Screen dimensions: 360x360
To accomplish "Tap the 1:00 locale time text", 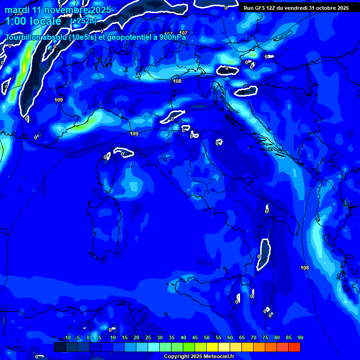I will pyautogui.click(x=33, y=21).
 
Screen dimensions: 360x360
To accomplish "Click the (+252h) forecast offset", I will pyautogui.click(x=83, y=21).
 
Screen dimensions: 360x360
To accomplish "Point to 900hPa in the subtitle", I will pyautogui.click(x=171, y=37).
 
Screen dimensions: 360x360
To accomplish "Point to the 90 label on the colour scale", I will pyautogui.click(x=300, y=338).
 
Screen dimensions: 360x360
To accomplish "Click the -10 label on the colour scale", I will pyautogui.click(x=67, y=338).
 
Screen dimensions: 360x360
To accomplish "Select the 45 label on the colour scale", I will pyautogui.click(x=195, y=338).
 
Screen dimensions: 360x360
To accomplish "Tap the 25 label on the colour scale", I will pyautogui.click(x=148, y=338).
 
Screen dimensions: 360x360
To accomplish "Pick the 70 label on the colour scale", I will pyautogui.click(x=254, y=338).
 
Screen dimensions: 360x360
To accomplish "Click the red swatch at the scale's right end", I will pyautogui.click(x=294, y=347).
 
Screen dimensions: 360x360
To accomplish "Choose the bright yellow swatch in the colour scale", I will pyautogui.click(x=212, y=347).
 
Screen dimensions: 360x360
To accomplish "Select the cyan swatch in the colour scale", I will pyautogui.click(x=153, y=347).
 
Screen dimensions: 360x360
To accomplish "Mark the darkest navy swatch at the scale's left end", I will pyautogui.click(x=60, y=347).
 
